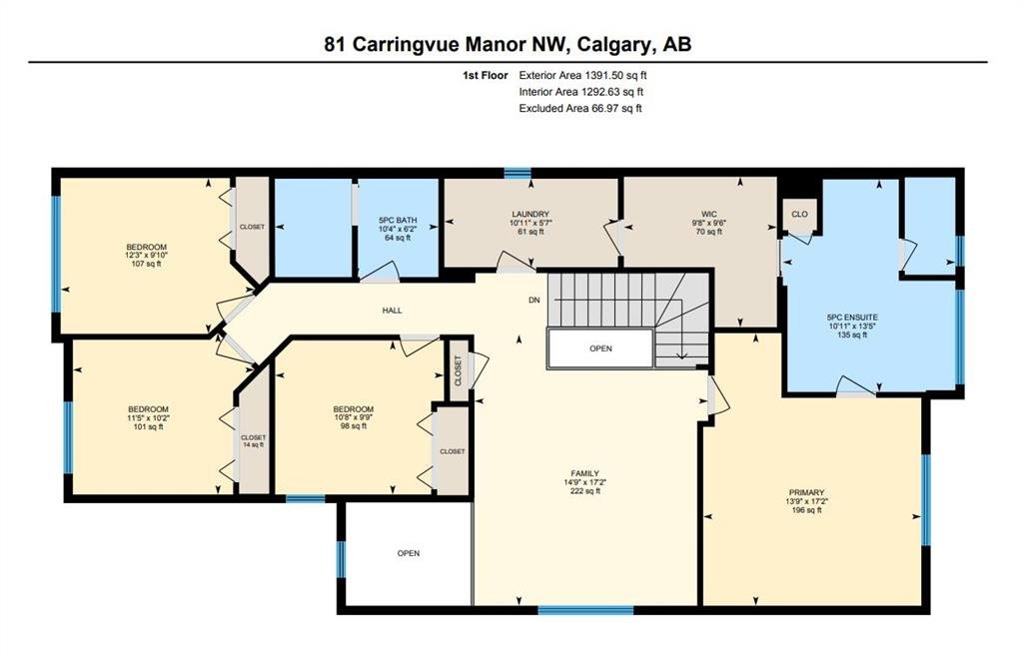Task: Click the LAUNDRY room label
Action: click(x=530, y=214)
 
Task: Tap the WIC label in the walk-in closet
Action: click(x=709, y=214)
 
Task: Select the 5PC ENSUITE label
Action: click(x=852, y=318)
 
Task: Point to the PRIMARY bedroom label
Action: click(x=807, y=492)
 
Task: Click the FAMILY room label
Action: click(x=585, y=473)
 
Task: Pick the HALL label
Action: click(x=392, y=311)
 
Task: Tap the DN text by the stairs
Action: click(x=534, y=301)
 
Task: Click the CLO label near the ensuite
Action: click(x=799, y=214)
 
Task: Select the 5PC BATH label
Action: click(x=398, y=220)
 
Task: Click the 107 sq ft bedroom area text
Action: click(x=146, y=265)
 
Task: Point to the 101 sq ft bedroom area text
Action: click(x=148, y=426)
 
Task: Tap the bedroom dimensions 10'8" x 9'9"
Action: click(x=353, y=417)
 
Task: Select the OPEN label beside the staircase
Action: click(x=600, y=348)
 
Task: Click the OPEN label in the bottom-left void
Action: click(x=409, y=553)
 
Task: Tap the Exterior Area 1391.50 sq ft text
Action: click(x=582, y=76)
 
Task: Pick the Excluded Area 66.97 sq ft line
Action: click(x=580, y=108)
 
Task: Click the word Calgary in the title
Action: click(x=612, y=44)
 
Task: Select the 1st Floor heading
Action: click(x=485, y=76)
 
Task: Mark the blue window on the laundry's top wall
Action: click(x=517, y=173)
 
